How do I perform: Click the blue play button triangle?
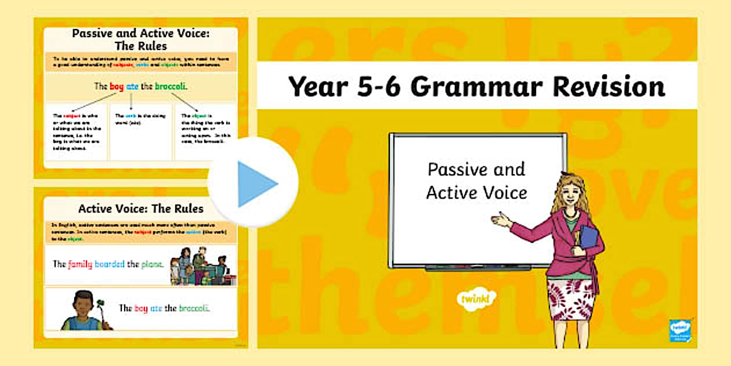tap(256, 184)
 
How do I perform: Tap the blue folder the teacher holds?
tap(589, 239)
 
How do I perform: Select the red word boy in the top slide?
tap(117, 87)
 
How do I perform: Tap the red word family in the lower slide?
tap(80, 264)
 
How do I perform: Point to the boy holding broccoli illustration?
tap(81, 311)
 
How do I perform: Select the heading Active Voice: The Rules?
tap(140, 207)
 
